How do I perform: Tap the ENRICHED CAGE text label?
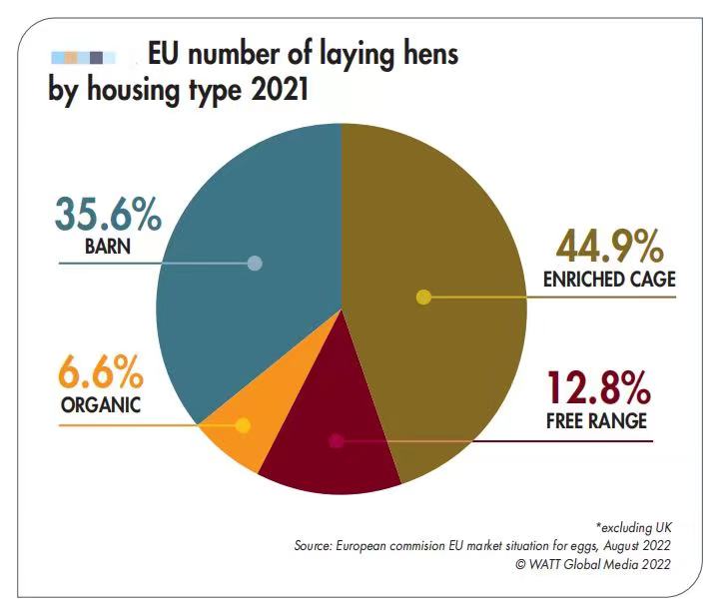608,281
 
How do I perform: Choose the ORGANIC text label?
99,406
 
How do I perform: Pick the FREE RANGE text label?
597,420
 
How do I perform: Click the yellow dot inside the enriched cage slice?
422,297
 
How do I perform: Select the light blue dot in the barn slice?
255,264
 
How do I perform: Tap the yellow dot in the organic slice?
242,425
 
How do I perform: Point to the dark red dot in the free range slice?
337,440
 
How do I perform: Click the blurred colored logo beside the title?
85,57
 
